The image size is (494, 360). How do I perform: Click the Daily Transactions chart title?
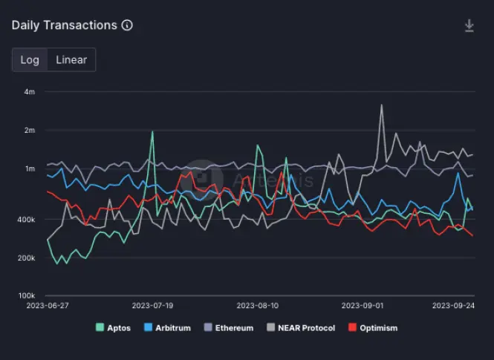(x=64, y=25)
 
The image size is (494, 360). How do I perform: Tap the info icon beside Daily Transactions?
(x=127, y=25)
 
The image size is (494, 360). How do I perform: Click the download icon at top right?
(x=469, y=26)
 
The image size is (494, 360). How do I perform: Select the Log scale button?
(x=30, y=60)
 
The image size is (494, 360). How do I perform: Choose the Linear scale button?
(x=71, y=60)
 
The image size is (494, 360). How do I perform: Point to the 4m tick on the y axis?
(x=30, y=92)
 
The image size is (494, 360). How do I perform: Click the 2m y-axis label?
(x=30, y=131)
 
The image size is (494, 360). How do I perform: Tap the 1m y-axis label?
(x=30, y=169)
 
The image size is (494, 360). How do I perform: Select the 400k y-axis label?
(x=26, y=220)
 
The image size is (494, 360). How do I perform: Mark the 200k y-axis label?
(x=26, y=258)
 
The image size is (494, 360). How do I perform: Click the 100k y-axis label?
(x=26, y=296)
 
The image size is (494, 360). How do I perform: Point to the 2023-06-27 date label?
(x=48, y=305)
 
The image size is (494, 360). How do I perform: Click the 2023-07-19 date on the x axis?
(x=152, y=305)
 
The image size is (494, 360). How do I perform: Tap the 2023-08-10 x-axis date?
(x=257, y=305)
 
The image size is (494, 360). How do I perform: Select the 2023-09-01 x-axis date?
(x=362, y=305)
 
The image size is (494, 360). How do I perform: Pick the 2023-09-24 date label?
(x=455, y=305)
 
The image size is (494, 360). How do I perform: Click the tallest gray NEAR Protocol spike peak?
(x=382, y=105)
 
